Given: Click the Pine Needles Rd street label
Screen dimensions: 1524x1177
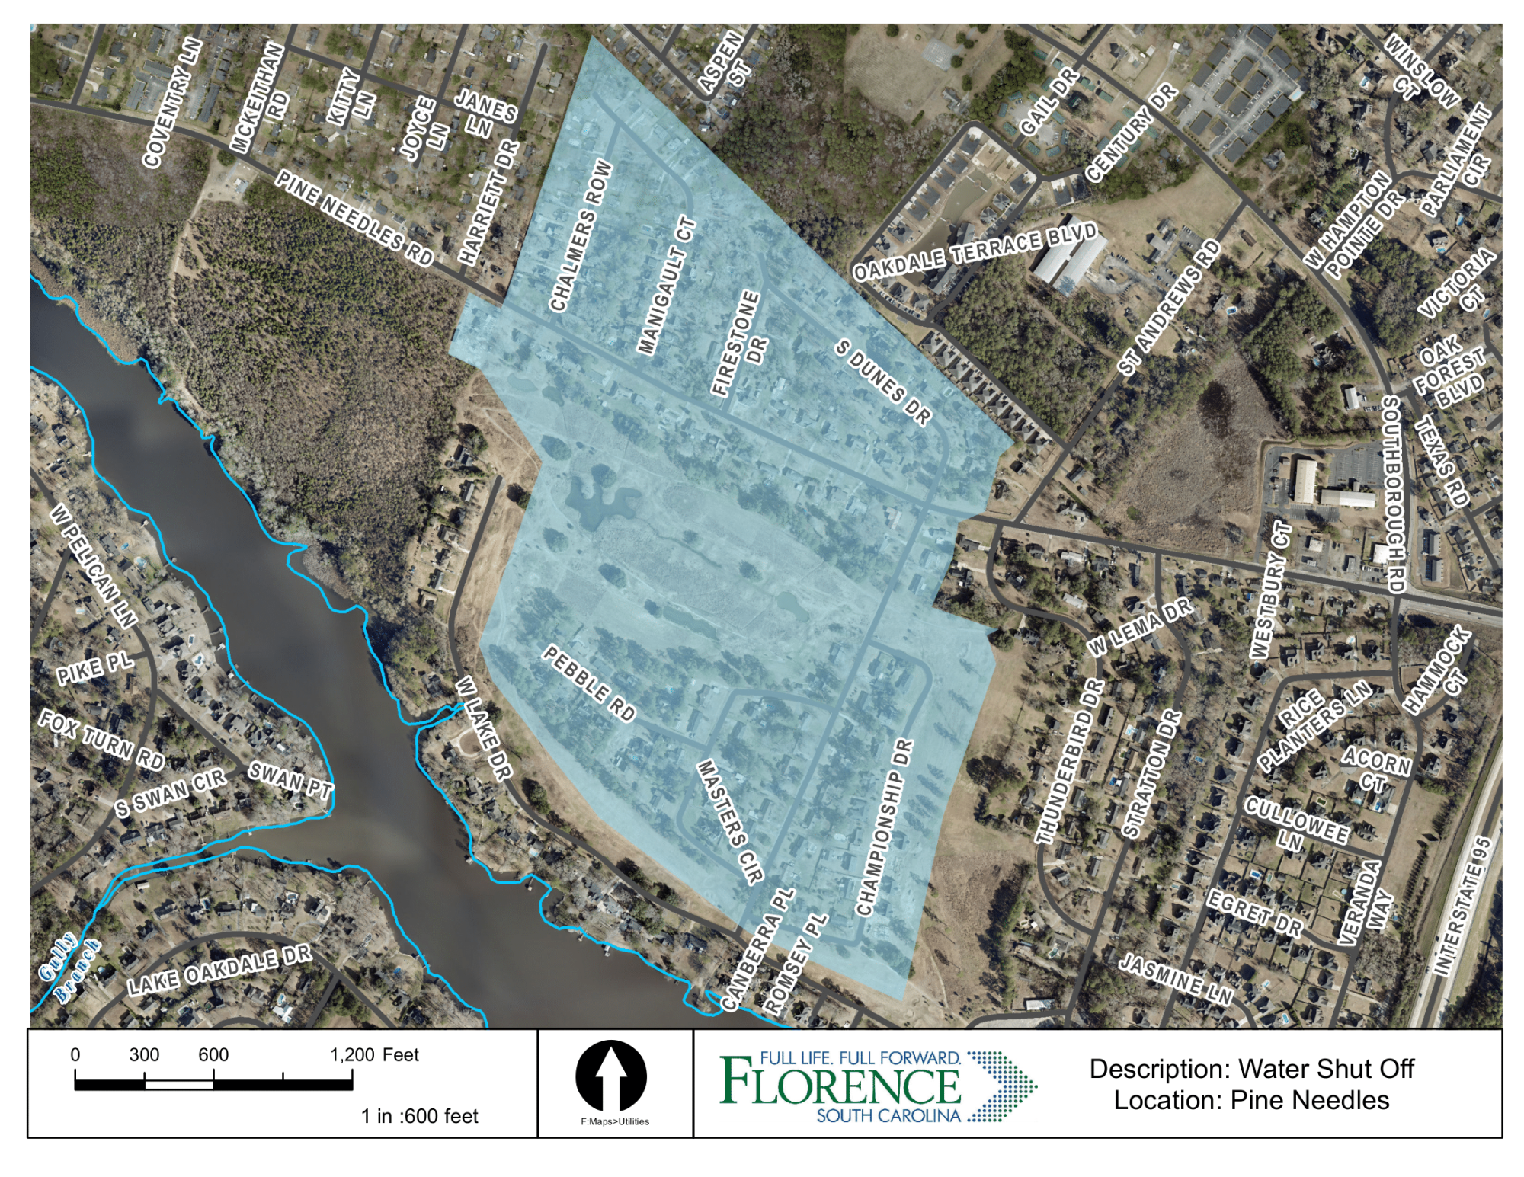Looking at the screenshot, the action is [354, 218].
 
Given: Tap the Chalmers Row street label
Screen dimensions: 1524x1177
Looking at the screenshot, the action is [581, 236].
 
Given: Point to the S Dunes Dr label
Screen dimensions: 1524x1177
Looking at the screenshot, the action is [883, 382].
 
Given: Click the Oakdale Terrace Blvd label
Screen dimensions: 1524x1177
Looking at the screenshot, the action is [975, 252].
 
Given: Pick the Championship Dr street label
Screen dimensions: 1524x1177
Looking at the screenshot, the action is [884, 827].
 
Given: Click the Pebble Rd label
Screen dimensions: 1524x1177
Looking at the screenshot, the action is [589, 683].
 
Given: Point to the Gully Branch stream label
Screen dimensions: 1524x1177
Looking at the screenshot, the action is [69, 968].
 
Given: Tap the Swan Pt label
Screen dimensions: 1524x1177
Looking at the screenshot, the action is [290, 779].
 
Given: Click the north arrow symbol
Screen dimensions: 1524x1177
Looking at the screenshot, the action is [611, 1076].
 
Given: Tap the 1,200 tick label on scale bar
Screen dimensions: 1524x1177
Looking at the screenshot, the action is [351, 1054].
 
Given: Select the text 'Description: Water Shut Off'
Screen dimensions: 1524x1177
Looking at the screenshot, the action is [1251, 1068].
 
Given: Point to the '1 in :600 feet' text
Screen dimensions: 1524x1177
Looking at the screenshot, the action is [419, 1116].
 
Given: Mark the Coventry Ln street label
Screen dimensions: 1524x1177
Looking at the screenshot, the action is [173, 102].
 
